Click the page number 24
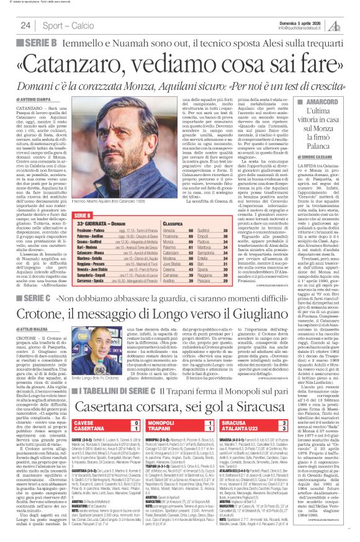[x=25, y=25]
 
